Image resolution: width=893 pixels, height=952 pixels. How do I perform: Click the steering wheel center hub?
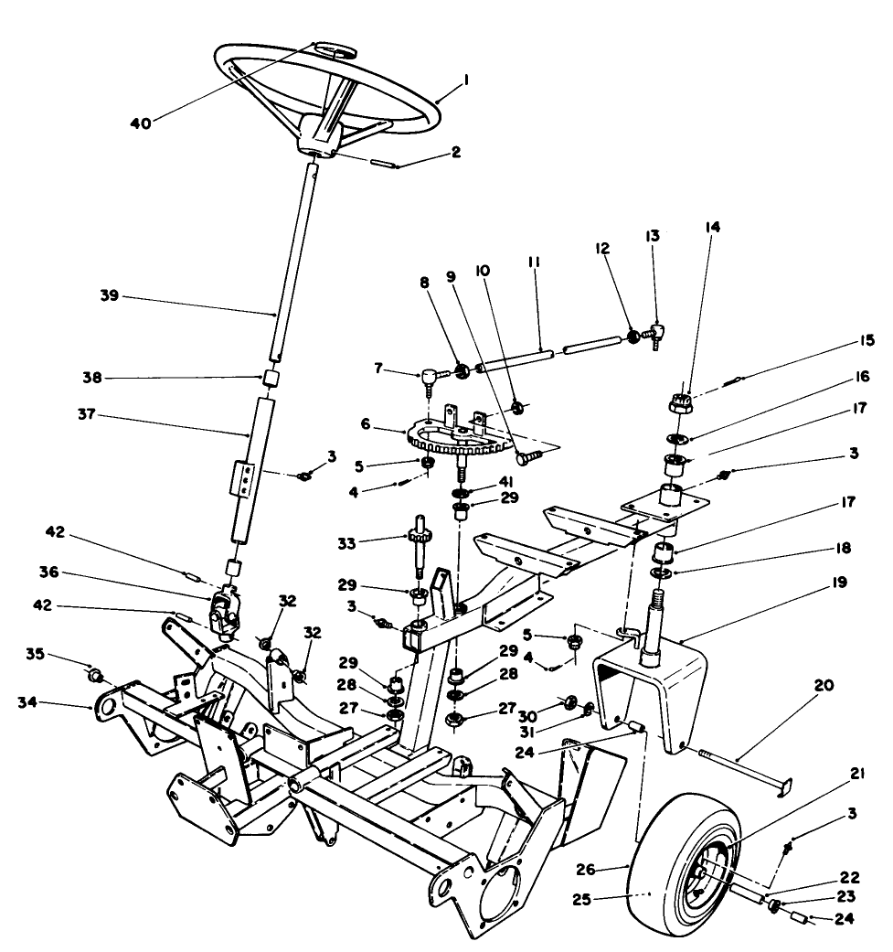319,137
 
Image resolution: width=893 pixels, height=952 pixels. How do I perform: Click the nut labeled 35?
95,677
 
